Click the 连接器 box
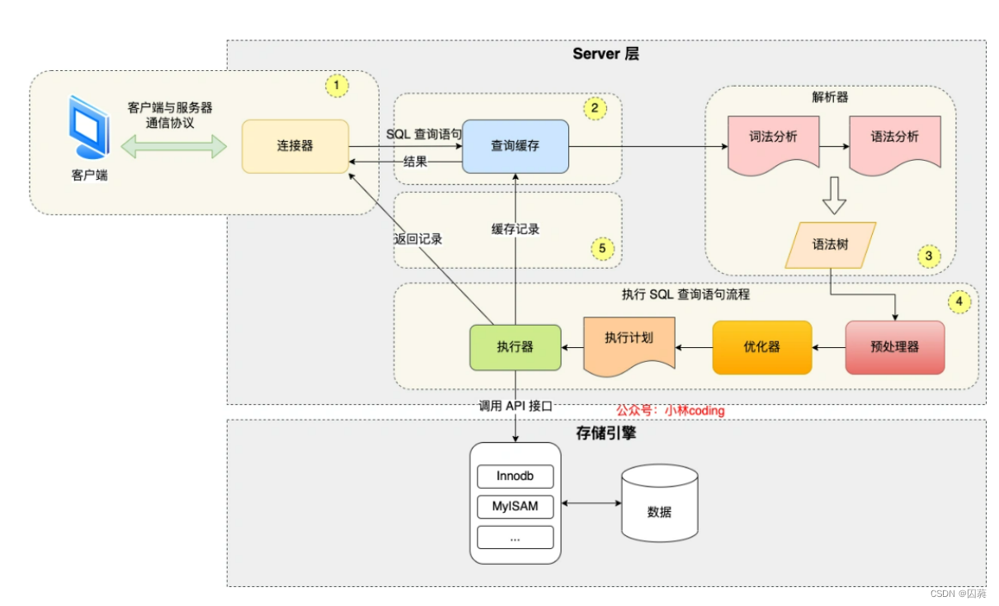tap(295, 146)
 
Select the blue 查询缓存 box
tap(516, 146)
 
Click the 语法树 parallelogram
tap(830, 244)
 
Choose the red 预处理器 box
tap(895, 347)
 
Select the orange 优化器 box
tap(761, 347)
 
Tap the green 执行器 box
tap(515, 347)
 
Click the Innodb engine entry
tap(515, 477)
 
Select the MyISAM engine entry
tap(515, 506)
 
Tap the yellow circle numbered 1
tap(337, 85)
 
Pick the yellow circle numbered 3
tap(928, 256)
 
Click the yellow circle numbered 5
tap(602, 247)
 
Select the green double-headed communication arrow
tap(173, 147)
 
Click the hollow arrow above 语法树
tap(833, 195)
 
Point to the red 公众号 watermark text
tap(670, 410)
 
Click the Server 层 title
tap(606, 54)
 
